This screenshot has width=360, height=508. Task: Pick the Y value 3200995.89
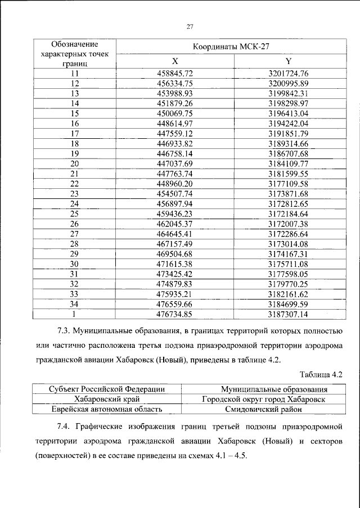(x=289, y=83)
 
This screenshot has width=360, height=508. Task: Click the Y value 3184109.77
(x=289, y=163)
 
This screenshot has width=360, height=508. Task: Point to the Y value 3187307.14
(x=289, y=314)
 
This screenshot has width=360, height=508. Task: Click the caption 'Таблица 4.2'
(x=322, y=373)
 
